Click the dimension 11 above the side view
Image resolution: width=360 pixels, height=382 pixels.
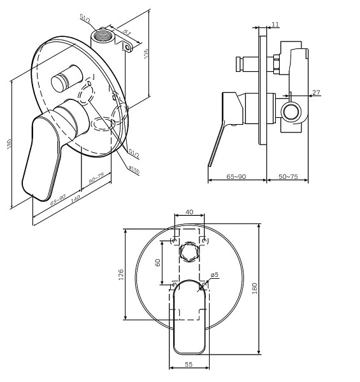(x=275, y=24)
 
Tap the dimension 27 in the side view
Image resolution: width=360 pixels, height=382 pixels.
(x=316, y=93)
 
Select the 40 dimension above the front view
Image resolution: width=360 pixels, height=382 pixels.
(x=189, y=212)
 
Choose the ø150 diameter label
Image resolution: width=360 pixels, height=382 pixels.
(x=134, y=169)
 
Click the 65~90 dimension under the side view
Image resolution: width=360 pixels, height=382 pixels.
(x=237, y=176)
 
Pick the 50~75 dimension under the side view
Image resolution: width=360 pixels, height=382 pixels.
(x=288, y=176)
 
